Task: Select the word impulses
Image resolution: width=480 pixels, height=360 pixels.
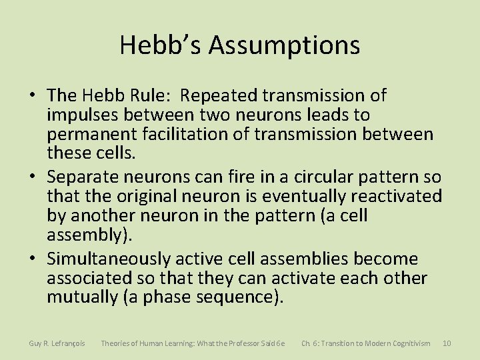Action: point(81,115)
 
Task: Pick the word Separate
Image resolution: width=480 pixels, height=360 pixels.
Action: point(85,177)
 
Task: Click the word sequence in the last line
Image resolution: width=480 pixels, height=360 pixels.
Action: point(233,297)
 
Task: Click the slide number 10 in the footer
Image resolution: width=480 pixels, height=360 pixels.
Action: point(447,343)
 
